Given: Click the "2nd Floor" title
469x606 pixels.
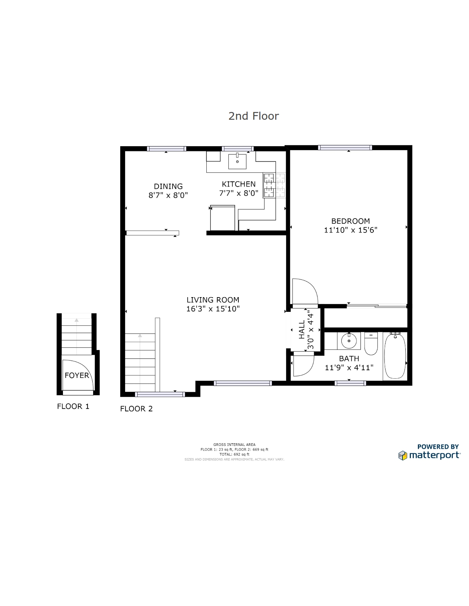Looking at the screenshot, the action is pyautogui.click(x=253, y=116).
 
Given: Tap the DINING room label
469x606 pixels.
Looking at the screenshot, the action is pyautogui.click(x=168, y=186).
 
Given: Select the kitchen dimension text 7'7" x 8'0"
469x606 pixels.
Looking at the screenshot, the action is pyautogui.click(x=239, y=193).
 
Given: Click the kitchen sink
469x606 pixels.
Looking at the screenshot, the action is pyautogui.click(x=237, y=162).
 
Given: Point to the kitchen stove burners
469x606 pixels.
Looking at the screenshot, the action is pyautogui.click(x=274, y=185).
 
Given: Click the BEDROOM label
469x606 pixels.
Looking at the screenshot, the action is pyautogui.click(x=351, y=221).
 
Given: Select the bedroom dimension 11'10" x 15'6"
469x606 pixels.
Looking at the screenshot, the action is pyautogui.click(x=351, y=230).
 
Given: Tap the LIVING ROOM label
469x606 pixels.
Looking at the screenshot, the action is pyautogui.click(x=213, y=300).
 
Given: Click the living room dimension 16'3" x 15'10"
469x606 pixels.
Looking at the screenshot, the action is pyautogui.click(x=213, y=309).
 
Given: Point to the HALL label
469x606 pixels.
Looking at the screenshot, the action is pyautogui.click(x=302, y=330).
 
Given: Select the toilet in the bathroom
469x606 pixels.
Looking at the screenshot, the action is pyautogui.click(x=371, y=343).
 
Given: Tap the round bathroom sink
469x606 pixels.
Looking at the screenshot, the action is pyautogui.click(x=349, y=341).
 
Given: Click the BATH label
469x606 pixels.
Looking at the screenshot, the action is pyautogui.click(x=349, y=358).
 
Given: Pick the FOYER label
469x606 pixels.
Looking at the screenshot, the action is pyautogui.click(x=77, y=375).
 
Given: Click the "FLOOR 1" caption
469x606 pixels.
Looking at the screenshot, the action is pyautogui.click(x=73, y=406).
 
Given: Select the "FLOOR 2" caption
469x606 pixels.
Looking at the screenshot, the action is pyautogui.click(x=136, y=408).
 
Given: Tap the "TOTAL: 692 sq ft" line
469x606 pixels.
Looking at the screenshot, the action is pyautogui.click(x=234, y=454).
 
